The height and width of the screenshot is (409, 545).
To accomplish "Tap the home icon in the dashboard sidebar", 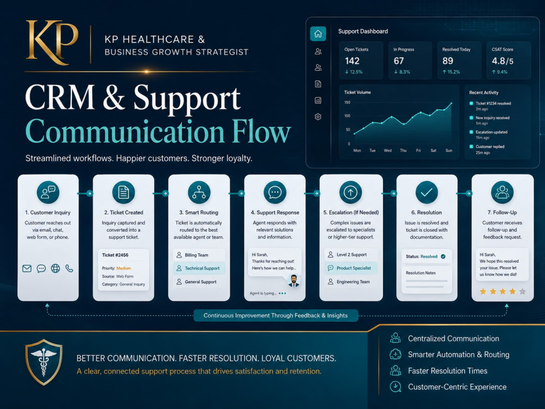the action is [318, 34].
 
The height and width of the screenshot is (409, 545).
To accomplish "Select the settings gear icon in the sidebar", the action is [318, 117].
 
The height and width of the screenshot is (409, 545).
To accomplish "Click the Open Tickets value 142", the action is [352, 61].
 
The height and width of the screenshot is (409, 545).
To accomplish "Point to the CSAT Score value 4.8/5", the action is [502, 61].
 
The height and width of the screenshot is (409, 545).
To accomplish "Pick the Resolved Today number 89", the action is [447, 61].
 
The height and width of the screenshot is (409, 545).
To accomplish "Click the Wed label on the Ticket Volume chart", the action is [387, 151].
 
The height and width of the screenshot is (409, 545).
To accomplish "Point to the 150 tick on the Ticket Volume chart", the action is [347, 103].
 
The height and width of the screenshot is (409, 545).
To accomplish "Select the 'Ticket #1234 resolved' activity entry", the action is [493, 103].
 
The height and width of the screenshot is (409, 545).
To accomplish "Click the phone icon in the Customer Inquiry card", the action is [69, 268].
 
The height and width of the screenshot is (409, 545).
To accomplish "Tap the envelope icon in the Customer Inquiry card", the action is [27, 268].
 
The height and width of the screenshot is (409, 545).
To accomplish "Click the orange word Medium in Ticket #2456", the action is [123, 268].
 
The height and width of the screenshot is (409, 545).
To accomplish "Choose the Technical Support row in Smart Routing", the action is [199, 268].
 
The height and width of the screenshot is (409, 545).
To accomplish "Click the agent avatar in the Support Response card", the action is [294, 281].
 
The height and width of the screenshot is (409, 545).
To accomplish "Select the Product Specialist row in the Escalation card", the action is [350, 268].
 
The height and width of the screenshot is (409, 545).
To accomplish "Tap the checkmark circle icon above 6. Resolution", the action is [427, 193].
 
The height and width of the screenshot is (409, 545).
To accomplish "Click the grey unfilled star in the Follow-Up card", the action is [522, 291].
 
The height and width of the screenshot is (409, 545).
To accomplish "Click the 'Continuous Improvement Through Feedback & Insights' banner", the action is [276, 315].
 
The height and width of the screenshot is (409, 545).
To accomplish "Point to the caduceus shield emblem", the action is [44, 362].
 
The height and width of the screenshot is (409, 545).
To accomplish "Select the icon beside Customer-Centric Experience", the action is [395, 387].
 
